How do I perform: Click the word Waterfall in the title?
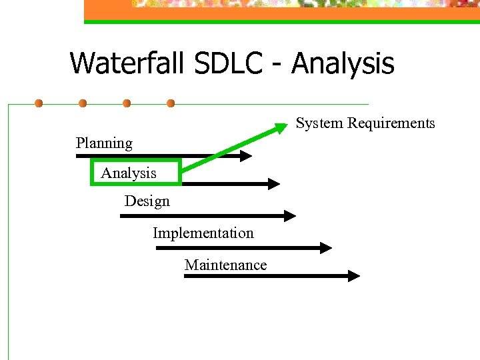point(127,64)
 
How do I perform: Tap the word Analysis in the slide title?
point(343,64)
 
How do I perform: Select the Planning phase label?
point(104,143)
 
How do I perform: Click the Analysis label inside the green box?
point(129,173)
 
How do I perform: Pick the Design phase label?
point(147,201)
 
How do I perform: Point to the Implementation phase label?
point(203,233)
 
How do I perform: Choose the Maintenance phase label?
point(225,265)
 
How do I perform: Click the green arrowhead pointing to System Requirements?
point(285,124)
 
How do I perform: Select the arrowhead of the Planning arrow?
point(247,156)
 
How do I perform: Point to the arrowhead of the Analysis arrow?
point(274,183)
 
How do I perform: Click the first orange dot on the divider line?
point(39,103)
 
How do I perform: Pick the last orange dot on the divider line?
point(171,103)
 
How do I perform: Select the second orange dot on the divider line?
point(83,103)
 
